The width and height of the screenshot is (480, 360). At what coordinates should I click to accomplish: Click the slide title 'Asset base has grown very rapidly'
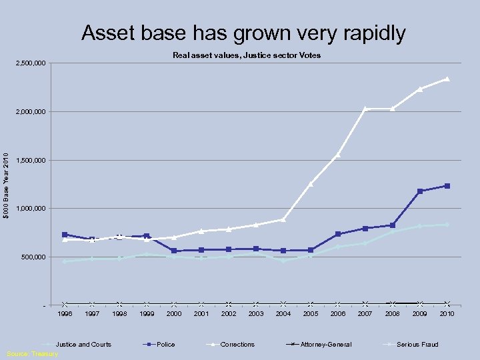[x=243, y=33]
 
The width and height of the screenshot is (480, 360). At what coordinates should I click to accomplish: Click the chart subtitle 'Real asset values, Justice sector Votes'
[x=247, y=55]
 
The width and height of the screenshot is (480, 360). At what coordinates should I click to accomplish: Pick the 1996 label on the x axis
[x=65, y=313]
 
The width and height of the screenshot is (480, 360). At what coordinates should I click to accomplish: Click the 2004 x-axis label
[x=283, y=313]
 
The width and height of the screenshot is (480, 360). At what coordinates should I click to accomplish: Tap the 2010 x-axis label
[x=447, y=313]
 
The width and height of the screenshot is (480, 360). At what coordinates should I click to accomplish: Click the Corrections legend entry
[x=237, y=345]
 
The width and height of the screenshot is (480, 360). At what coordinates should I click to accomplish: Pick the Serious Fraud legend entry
[x=417, y=345]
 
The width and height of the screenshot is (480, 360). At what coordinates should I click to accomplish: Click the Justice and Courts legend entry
[x=83, y=345]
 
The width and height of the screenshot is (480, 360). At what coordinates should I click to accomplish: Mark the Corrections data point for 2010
[x=447, y=79]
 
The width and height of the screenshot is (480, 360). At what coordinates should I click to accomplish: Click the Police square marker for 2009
[x=419, y=191]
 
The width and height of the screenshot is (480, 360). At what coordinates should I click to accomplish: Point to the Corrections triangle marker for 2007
[x=365, y=109]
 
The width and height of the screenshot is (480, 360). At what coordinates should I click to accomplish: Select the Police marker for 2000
[x=174, y=251]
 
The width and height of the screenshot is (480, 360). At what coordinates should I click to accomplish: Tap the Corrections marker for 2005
[x=311, y=183]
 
